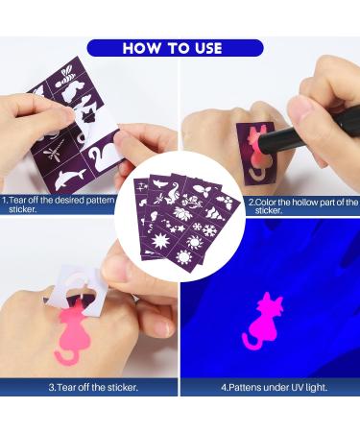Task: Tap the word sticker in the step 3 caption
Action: (121, 388)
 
